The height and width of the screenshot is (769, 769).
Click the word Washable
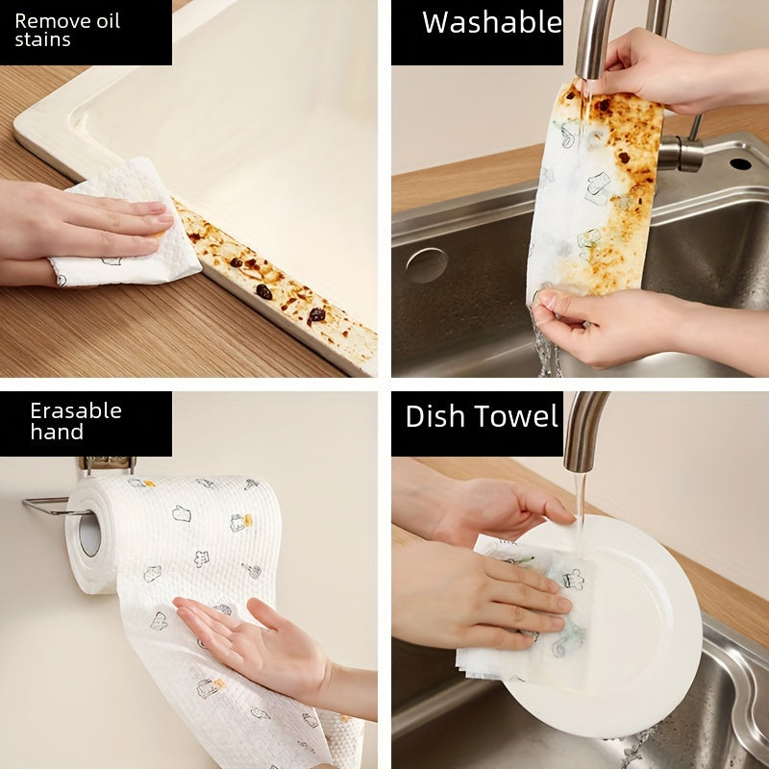click(x=491, y=22)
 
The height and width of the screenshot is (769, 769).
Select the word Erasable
click(x=75, y=411)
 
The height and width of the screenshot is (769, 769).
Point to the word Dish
click(x=435, y=416)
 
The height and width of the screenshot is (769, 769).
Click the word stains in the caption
click(x=42, y=40)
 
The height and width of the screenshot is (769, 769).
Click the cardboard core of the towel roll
click(x=89, y=534)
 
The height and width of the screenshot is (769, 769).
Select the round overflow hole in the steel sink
click(x=426, y=265)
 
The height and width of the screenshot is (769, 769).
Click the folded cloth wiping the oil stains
click(x=125, y=231)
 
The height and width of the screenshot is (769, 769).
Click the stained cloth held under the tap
click(x=596, y=192)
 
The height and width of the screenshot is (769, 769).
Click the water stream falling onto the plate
click(x=580, y=500)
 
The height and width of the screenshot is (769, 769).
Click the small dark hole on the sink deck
click(x=740, y=163)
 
